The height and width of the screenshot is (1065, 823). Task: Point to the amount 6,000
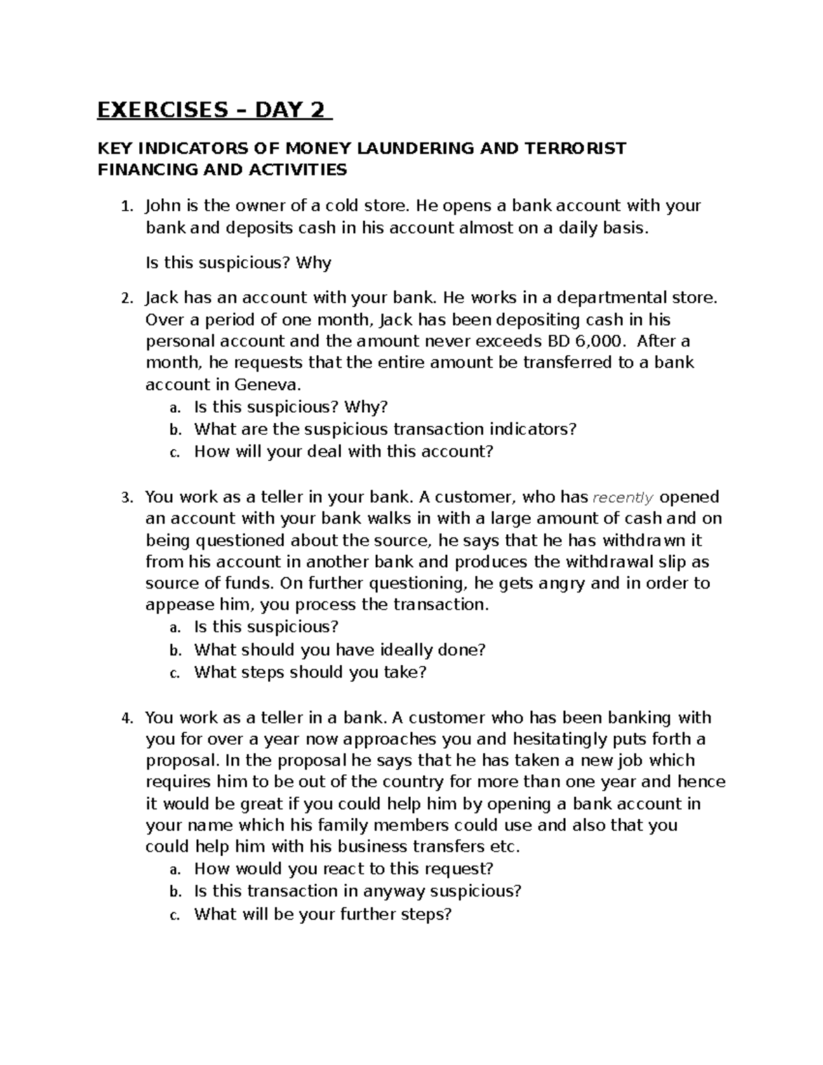tap(597, 342)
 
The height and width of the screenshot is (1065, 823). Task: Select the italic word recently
tap(623, 497)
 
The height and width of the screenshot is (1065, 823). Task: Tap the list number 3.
tap(125, 498)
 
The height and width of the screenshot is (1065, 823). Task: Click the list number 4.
tap(125, 719)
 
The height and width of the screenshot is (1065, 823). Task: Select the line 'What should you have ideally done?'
tap(339, 649)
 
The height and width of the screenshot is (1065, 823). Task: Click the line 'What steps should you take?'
tap(310, 672)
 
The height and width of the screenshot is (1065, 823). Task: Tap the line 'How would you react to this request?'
tap(344, 869)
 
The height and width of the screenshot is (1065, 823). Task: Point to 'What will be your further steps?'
tap(323, 914)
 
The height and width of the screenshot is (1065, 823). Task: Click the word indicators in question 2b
tap(532, 429)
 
